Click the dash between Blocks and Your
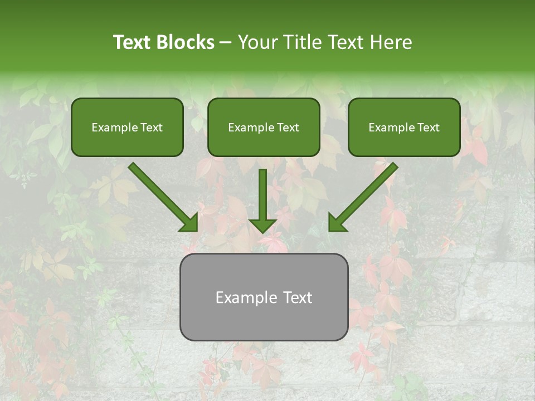(x=226, y=43)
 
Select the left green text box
(x=127, y=127)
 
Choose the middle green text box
(x=264, y=127)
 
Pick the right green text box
(x=404, y=127)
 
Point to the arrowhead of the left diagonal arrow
(x=189, y=223)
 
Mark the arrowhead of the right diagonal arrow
(x=338, y=223)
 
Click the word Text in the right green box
(x=428, y=128)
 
